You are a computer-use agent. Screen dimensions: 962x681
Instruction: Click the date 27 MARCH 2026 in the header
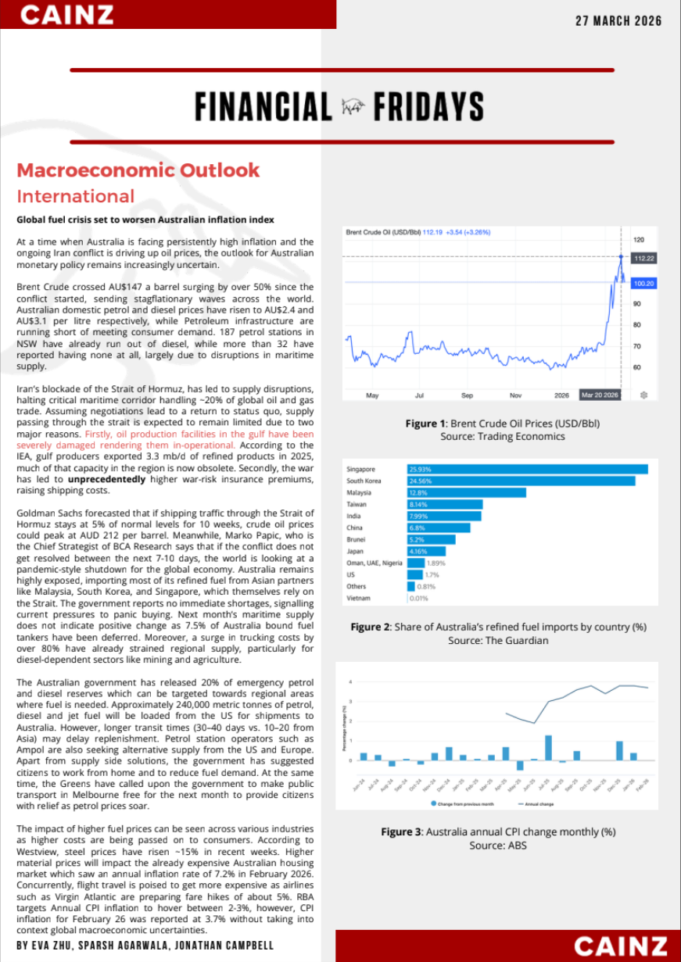click(x=618, y=21)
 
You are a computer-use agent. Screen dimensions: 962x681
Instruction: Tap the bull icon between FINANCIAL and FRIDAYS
click(x=353, y=107)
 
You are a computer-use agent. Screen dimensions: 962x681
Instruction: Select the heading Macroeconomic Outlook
click(x=138, y=170)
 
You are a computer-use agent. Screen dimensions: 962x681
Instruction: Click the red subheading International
click(x=76, y=196)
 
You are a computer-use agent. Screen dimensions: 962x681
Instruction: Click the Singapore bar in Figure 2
click(x=528, y=469)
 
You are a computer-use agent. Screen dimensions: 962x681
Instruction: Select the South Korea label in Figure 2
click(x=364, y=481)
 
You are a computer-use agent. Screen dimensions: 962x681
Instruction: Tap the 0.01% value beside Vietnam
click(x=419, y=599)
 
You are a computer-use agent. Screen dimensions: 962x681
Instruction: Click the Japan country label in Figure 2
click(x=356, y=552)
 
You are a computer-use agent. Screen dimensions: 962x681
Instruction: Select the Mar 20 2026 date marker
click(x=600, y=395)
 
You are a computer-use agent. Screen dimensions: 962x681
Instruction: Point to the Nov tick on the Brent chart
click(x=515, y=395)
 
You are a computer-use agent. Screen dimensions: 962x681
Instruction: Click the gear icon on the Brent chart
click(x=643, y=395)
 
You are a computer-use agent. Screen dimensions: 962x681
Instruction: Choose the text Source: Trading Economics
click(x=502, y=436)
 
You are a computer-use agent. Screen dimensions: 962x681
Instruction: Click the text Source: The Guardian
click(x=498, y=641)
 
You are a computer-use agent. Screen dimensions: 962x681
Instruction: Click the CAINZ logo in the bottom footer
click(x=621, y=946)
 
